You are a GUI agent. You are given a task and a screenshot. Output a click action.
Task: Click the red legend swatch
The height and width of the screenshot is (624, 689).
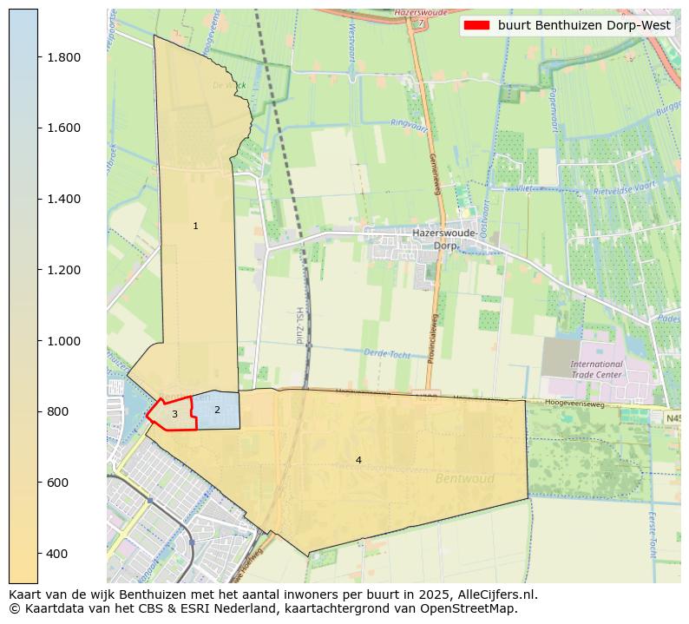coord(476,26)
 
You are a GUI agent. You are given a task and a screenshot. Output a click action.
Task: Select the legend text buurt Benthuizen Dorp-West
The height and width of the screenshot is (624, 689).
coord(584,26)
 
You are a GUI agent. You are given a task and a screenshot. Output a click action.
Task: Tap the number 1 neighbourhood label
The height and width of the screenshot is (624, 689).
coord(195,227)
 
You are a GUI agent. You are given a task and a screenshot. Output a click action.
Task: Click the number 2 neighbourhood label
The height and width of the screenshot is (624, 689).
coord(217,410)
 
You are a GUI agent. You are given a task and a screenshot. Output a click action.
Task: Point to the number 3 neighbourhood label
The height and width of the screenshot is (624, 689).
coord(174,415)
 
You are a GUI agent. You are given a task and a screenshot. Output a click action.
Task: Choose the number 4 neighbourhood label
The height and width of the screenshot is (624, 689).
coord(358,460)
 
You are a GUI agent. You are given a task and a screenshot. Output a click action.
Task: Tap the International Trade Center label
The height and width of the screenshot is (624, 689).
coord(596,370)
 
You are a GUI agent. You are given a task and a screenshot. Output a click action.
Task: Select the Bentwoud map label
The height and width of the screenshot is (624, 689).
coord(465,478)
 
